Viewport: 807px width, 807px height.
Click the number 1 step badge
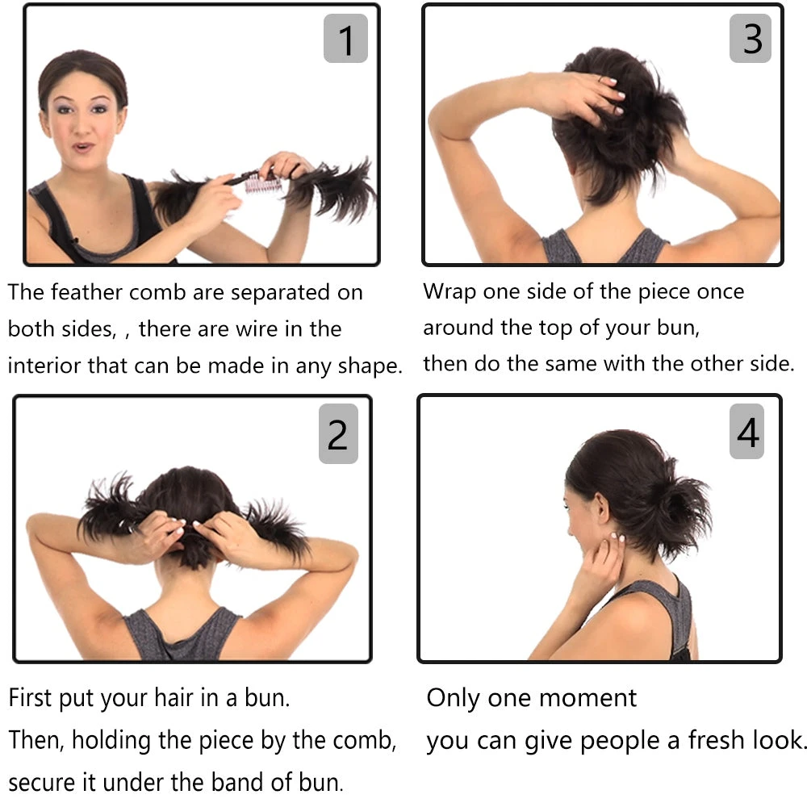(345, 39)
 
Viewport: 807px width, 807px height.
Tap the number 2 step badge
(338, 434)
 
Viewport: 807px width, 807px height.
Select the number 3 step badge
(751, 39)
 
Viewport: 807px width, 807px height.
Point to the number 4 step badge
(746, 431)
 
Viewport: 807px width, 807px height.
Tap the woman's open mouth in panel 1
(82, 148)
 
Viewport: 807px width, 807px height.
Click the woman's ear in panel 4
(601, 507)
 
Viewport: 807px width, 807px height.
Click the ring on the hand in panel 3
(600, 79)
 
